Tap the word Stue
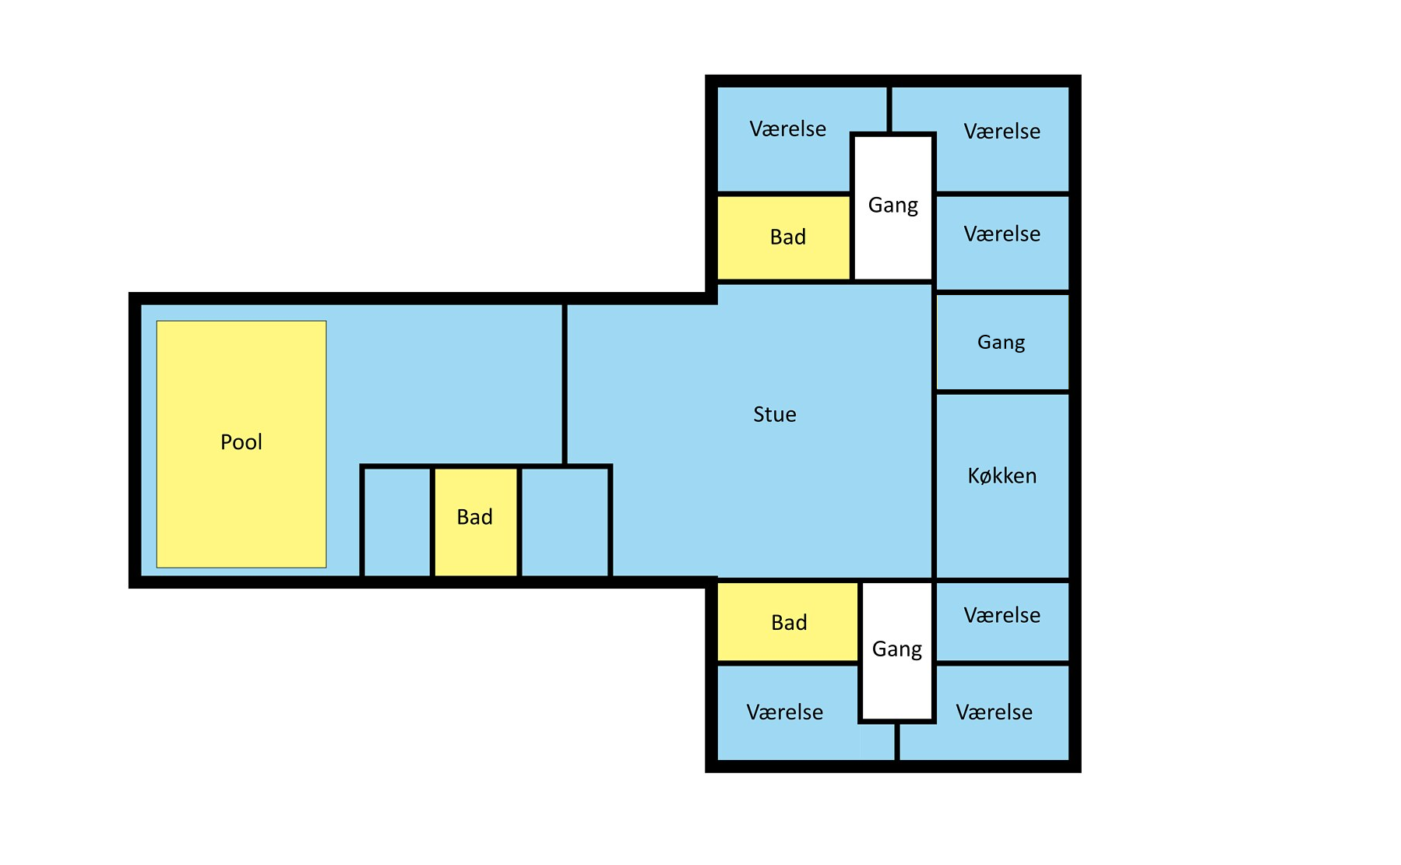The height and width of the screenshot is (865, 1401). pos(774,414)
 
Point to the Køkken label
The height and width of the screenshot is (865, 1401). pos(1001,476)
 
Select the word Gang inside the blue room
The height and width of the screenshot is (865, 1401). pos(1001,342)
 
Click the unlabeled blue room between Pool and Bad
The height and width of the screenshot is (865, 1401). pos(396,522)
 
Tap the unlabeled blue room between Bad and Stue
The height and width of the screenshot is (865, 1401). pos(565,522)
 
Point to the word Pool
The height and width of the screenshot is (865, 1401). pos(241,442)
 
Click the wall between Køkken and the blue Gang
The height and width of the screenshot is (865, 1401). pos(1002,392)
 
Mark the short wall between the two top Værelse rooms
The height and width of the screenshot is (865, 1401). pos(889,109)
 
